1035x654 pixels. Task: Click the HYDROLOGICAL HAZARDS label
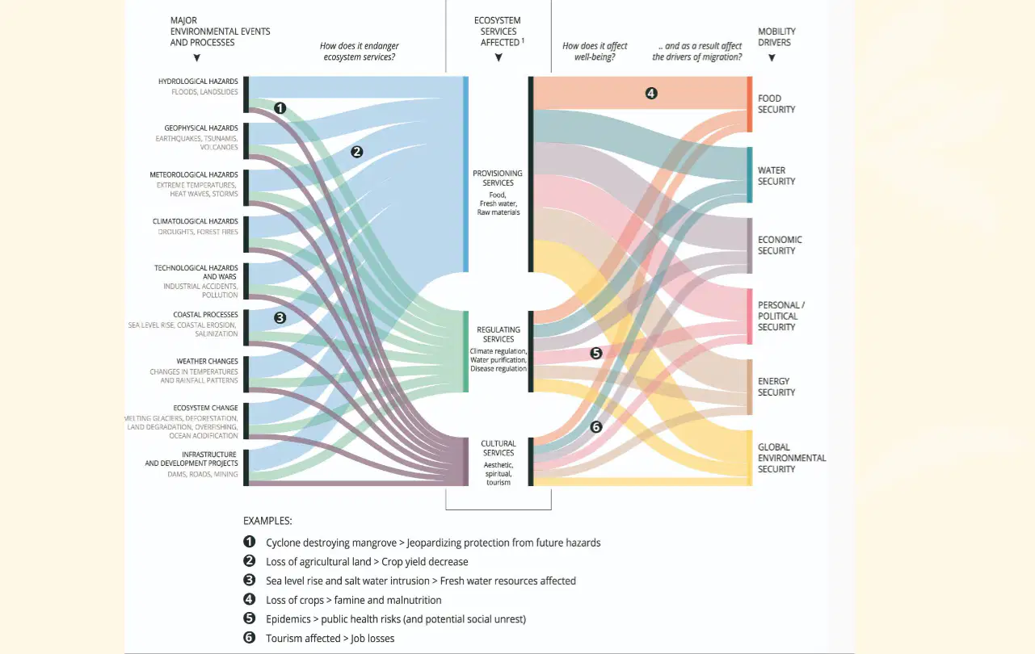(198, 82)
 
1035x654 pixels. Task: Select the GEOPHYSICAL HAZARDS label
(201, 128)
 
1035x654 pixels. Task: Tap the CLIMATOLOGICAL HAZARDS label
(195, 221)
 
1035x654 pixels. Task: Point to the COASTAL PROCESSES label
(205, 315)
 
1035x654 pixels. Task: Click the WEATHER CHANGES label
(207, 361)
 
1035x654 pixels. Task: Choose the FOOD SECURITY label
(776, 104)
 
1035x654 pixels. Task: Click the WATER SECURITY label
(776, 176)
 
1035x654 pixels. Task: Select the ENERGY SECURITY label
(776, 387)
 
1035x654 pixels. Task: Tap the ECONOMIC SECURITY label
(780, 245)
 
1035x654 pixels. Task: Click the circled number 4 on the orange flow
(651, 94)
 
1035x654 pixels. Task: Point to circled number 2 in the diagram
(356, 152)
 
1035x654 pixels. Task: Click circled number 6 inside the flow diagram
(596, 427)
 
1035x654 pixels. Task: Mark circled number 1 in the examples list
(250, 541)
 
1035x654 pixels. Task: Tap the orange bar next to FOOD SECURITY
(750, 104)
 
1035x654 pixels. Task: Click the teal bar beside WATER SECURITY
(750, 175)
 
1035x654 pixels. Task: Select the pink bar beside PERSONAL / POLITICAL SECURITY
(750, 317)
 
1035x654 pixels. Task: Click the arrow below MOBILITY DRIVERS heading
(772, 58)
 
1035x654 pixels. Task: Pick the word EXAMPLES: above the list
(267, 521)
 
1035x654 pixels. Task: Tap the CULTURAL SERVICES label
(498, 448)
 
